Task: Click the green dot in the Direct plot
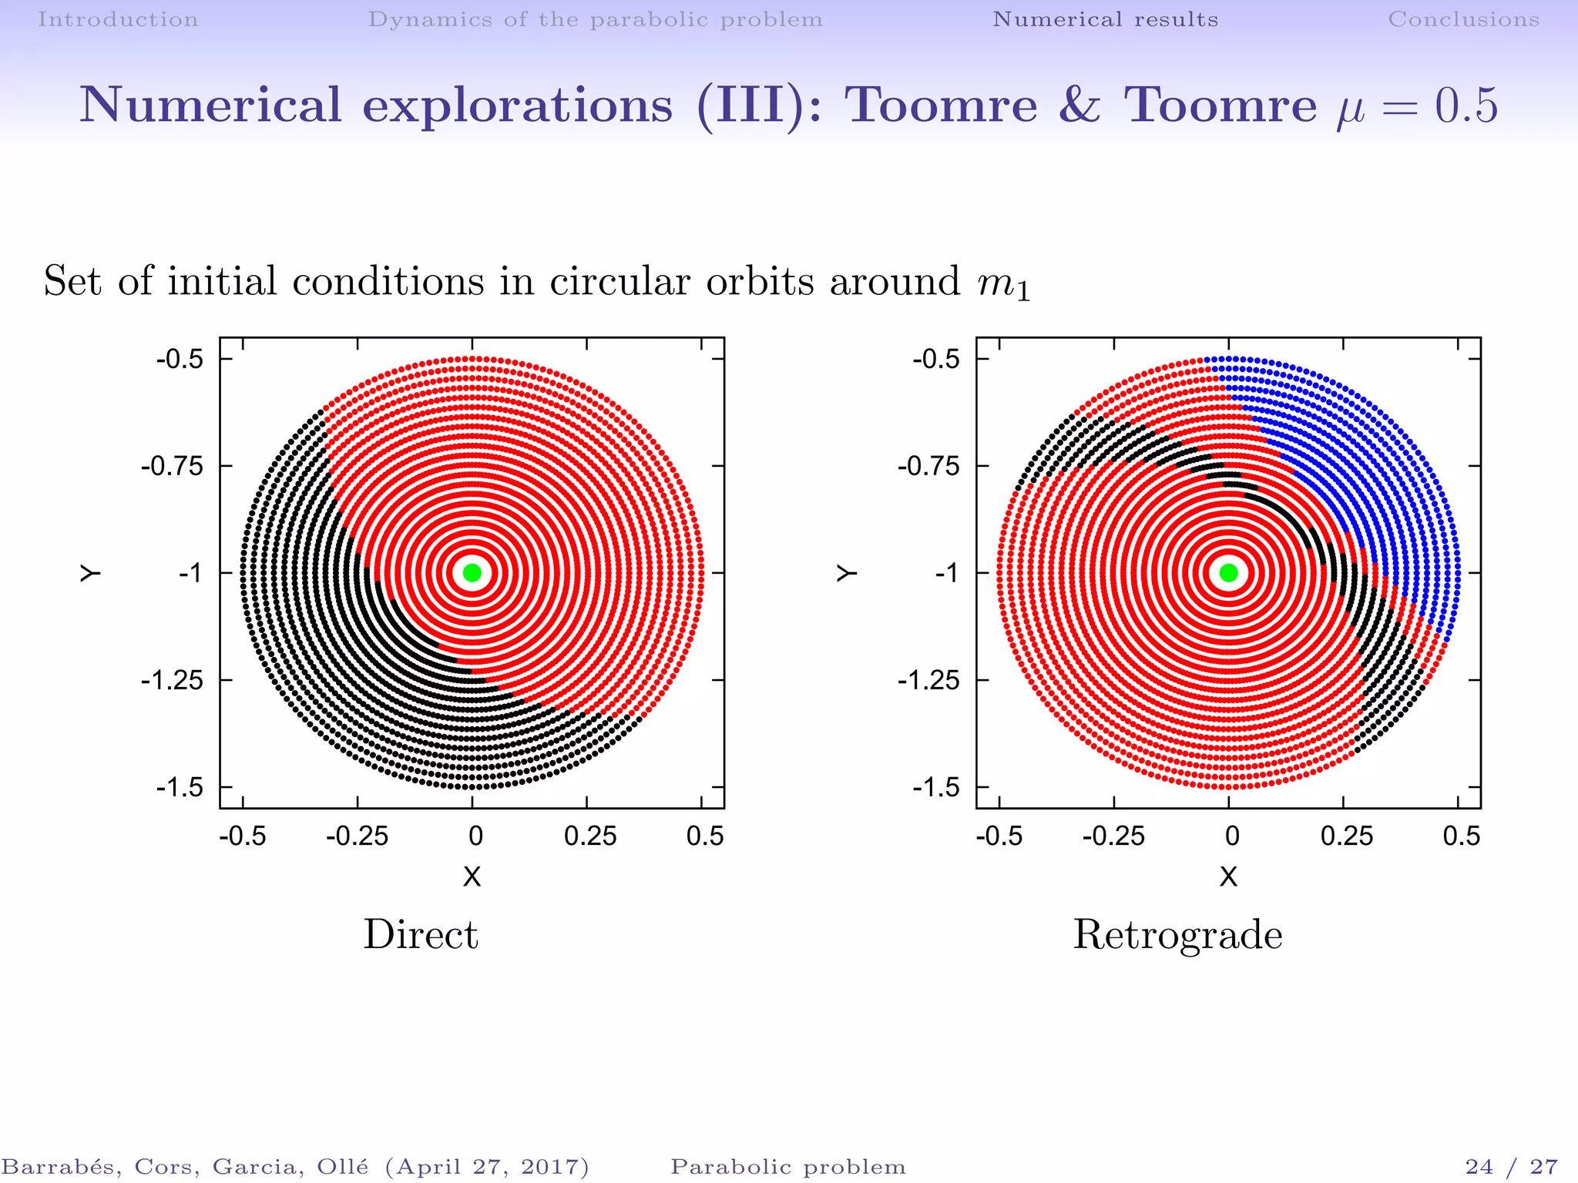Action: point(472,572)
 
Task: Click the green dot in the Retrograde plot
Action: point(1229,572)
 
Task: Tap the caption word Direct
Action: point(421,935)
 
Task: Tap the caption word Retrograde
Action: point(1177,935)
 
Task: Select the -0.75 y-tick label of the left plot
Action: point(172,466)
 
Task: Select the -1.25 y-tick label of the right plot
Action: point(928,680)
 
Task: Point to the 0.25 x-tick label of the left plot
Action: point(590,836)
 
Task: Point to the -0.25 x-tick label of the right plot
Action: point(1113,836)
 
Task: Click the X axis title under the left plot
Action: point(472,876)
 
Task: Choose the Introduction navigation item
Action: point(118,19)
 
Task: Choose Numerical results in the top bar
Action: point(1105,19)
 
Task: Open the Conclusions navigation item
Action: point(1463,19)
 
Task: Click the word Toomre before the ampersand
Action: point(942,106)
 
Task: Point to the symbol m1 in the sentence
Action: point(1003,283)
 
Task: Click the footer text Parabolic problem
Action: point(788,1167)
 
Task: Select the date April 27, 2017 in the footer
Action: point(487,1167)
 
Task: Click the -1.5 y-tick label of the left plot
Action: point(180,787)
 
